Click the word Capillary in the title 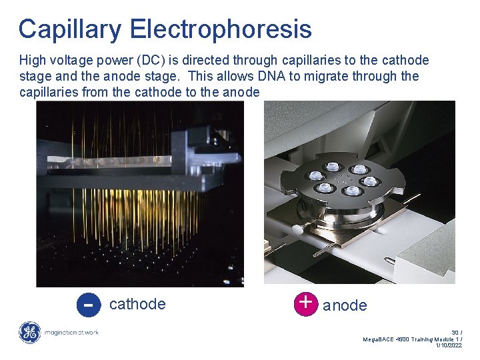[71, 29]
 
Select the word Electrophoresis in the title [221, 29]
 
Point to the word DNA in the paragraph [305, 76]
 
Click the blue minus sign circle [87, 305]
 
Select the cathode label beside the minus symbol [137, 304]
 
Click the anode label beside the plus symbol [345, 305]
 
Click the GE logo [29, 332]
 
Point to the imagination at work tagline [71, 332]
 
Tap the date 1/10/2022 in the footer [449, 345]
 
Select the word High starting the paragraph [33, 60]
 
